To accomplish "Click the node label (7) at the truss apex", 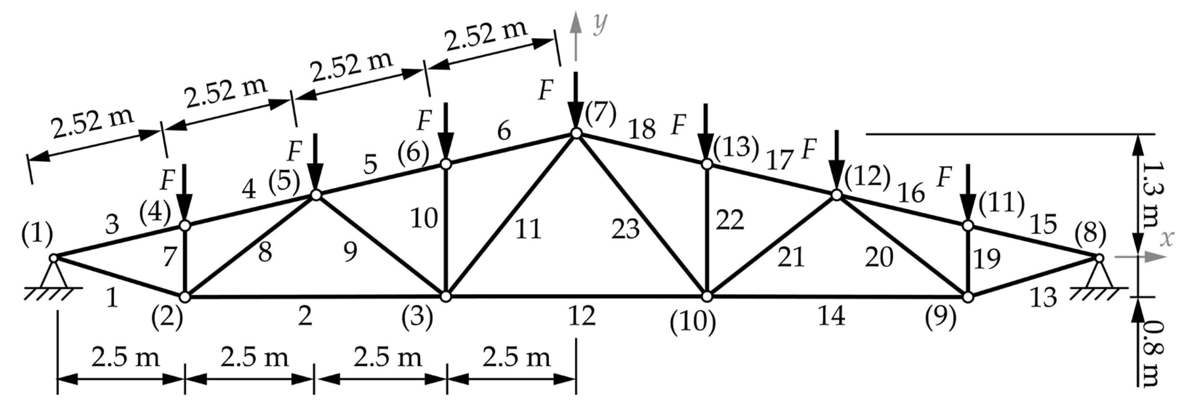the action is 600,114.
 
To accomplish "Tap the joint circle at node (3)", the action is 446,296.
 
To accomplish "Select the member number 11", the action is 528,229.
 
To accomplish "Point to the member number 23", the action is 625,229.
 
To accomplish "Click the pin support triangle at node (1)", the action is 53,275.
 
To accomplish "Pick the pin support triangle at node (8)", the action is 1099,275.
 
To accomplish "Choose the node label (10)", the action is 692,322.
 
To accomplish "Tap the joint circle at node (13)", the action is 707,164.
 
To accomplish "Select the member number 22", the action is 730,220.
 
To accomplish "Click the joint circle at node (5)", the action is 316,195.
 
